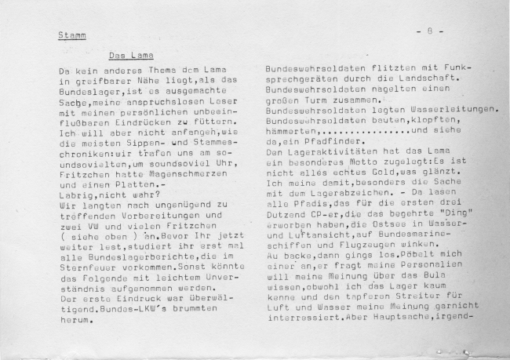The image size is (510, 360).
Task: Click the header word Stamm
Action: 72,35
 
